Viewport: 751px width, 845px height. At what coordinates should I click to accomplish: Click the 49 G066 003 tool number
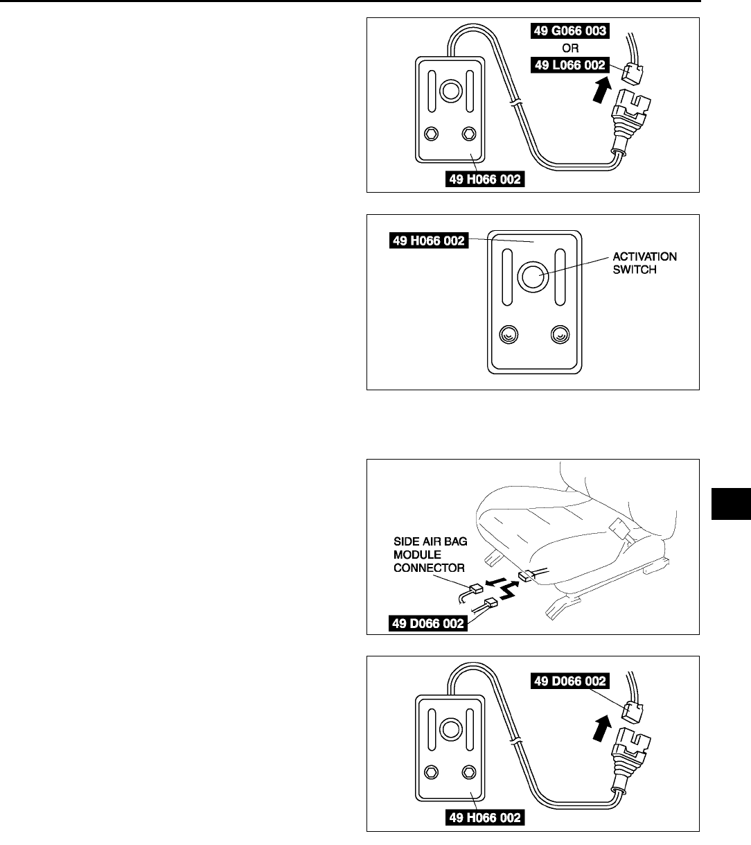569,31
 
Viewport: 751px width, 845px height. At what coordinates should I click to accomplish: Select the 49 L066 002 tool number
569,65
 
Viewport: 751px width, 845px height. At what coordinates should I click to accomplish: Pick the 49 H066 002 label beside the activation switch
427,241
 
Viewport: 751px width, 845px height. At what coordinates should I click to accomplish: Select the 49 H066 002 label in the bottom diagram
484,818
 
